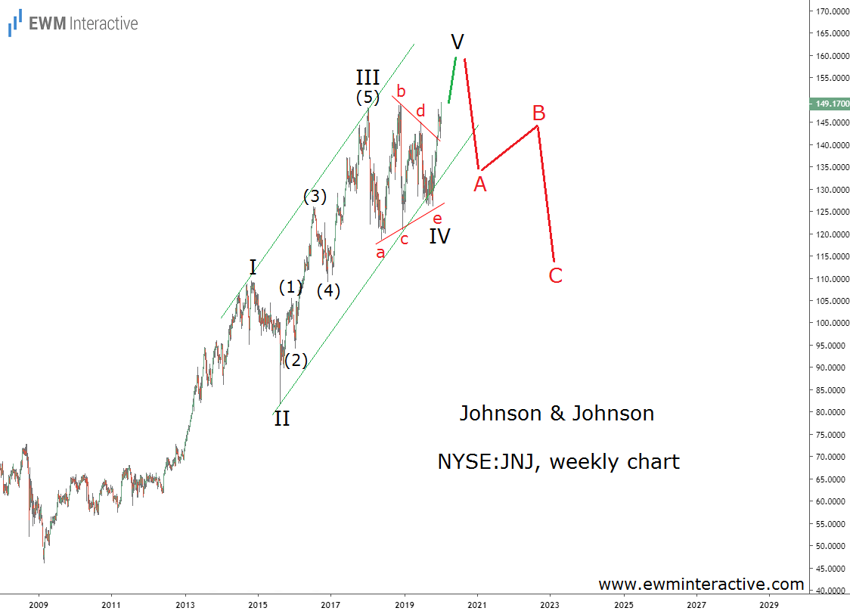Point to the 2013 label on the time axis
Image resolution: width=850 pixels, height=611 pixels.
point(185,605)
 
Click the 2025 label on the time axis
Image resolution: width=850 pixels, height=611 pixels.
point(624,605)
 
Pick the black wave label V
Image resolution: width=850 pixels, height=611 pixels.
point(457,41)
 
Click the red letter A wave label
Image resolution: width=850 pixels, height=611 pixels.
point(480,183)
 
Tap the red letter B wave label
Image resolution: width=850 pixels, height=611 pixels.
point(538,113)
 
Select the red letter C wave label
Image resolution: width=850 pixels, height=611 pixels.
point(556,275)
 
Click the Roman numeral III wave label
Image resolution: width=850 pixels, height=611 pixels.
point(368,77)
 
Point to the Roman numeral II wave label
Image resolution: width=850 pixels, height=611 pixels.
point(281,418)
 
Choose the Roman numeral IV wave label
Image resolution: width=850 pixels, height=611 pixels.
point(439,236)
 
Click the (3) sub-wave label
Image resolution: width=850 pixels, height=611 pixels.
point(315,197)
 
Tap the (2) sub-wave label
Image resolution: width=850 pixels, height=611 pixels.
point(295,360)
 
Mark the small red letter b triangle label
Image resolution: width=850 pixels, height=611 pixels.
point(401,91)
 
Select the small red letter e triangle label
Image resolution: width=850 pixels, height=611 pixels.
point(437,218)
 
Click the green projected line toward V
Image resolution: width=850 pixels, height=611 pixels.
point(452,79)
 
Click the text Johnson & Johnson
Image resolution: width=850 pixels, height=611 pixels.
point(557,414)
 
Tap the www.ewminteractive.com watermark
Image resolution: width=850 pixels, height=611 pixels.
point(701,585)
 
